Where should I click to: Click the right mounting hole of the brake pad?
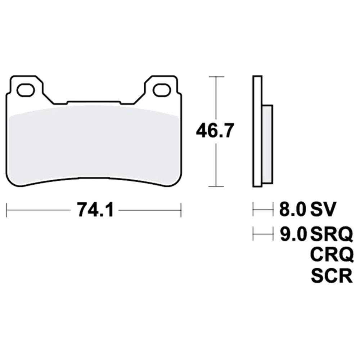pyautogui.click(x=162, y=90)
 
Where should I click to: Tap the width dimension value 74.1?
pyautogui.click(x=95, y=210)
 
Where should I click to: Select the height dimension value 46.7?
pyautogui.click(x=215, y=131)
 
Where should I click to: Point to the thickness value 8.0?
pyautogui.click(x=293, y=209)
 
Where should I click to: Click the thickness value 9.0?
pyautogui.click(x=293, y=234)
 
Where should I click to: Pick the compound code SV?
pyautogui.click(x=323, y=209)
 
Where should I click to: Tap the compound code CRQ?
pyautogui.click(x=332, y=255)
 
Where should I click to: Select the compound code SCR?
pyautogui.click(x=332, y=275)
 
